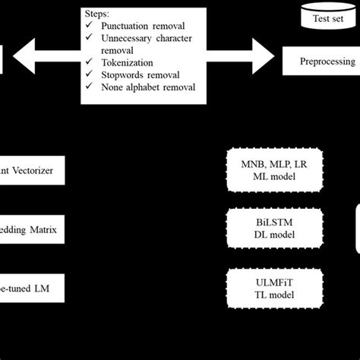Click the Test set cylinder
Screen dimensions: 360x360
click(327, 17)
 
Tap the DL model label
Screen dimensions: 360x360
click(275, 234)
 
